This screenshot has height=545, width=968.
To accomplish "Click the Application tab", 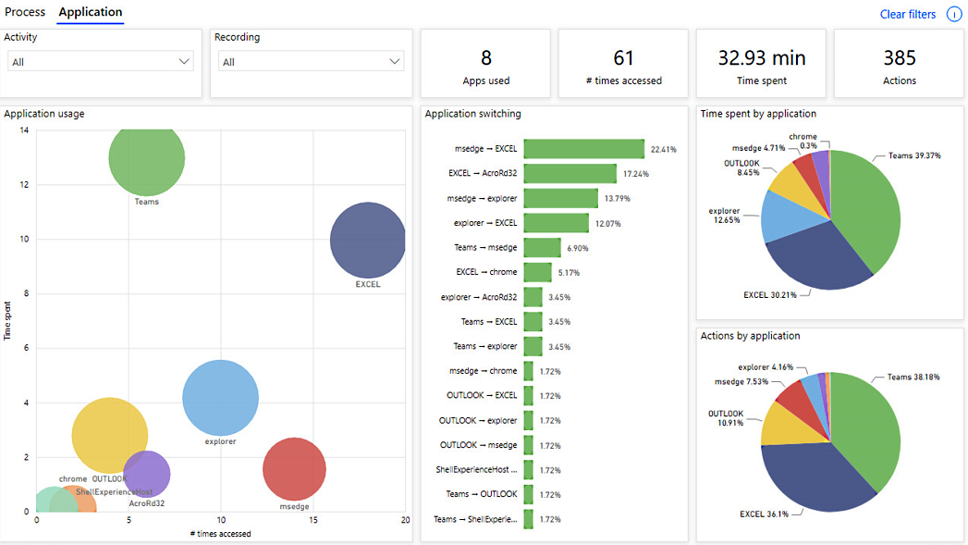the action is click(x=90, y=12).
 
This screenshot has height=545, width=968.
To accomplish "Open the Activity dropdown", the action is click(x=101, y=62).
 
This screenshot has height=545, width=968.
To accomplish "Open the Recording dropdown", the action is click(x=312, y=62).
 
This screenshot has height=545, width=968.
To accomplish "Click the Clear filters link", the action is click(x=908, y=14).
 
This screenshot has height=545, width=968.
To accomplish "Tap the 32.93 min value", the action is click(x=762, y=58).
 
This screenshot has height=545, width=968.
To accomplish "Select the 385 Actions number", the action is click(x=900, y=58).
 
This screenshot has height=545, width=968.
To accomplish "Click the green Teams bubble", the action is click(x=147, y=159).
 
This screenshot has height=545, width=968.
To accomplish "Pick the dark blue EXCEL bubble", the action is click(x=368, y=241).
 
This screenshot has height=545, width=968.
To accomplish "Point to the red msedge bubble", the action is click(x=295, y=469).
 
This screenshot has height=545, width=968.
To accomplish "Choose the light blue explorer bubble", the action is click(x=220, y=398).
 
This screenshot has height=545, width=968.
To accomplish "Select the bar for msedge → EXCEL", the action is click(x=584, y=149).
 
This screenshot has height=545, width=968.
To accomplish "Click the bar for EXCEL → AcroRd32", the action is click(x=570, y=174).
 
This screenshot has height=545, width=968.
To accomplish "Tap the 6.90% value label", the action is click(x=578, y=248).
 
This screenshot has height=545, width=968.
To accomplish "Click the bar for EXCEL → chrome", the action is click(x=538, y=272).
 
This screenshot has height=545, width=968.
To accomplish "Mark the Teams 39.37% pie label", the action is click(x=914, y=155).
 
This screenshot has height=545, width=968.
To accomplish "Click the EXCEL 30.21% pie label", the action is click(x=770, y=295).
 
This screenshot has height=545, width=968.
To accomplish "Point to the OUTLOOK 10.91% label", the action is click(x=726, y=418).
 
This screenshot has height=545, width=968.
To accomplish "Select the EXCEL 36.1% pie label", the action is click(x=765, y=514).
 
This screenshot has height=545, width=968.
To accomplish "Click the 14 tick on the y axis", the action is click(x=24, y=130).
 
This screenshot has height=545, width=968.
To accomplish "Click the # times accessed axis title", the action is click(x=220, y=534).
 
